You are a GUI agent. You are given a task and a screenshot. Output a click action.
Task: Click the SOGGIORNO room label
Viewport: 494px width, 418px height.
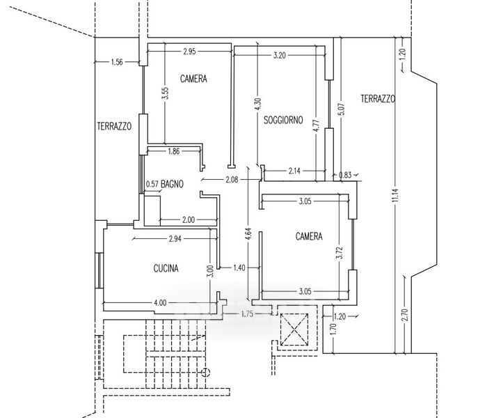[283, 120]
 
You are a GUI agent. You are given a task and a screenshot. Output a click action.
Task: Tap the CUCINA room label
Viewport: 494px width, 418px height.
[166, 268]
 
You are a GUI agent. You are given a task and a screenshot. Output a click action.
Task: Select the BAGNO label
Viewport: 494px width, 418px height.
[172, 184]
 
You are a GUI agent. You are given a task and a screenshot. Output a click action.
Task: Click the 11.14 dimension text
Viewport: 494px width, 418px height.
[396, 195]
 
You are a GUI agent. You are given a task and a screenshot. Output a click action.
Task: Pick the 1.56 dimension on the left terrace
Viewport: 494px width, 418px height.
[117, 62]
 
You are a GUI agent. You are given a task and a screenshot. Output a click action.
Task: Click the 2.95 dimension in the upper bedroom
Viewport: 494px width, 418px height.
[189, 52]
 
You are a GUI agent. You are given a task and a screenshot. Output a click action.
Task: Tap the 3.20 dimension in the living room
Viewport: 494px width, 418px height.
[279, 56]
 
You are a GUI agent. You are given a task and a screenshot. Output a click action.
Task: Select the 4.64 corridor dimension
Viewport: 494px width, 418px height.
[248, 234]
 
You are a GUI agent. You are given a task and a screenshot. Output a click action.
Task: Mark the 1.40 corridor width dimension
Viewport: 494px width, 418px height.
[239, 268]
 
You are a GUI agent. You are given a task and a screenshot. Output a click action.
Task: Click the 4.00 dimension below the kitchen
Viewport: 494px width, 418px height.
[160, 303]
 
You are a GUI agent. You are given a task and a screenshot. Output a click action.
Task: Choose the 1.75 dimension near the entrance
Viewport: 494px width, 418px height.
[247, 314]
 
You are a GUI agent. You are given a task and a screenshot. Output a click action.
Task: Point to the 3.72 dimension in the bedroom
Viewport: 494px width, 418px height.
[340, 253]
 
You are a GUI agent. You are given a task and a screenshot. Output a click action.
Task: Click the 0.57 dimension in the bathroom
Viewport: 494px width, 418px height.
[152, 184]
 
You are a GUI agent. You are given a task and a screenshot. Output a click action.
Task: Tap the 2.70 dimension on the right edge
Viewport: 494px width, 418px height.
[405, 314]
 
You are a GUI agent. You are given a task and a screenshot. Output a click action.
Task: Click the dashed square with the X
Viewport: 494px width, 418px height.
[294, 330]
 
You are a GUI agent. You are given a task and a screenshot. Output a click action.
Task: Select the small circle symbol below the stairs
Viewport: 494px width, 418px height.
[206, 373]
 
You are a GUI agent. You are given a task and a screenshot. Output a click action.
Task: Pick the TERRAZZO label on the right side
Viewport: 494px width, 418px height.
[378, 99]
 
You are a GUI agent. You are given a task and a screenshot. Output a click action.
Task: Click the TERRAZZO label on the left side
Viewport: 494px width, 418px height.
[114, 126]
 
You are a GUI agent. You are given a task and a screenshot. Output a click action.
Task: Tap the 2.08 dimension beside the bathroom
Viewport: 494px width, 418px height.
[232, 180]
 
